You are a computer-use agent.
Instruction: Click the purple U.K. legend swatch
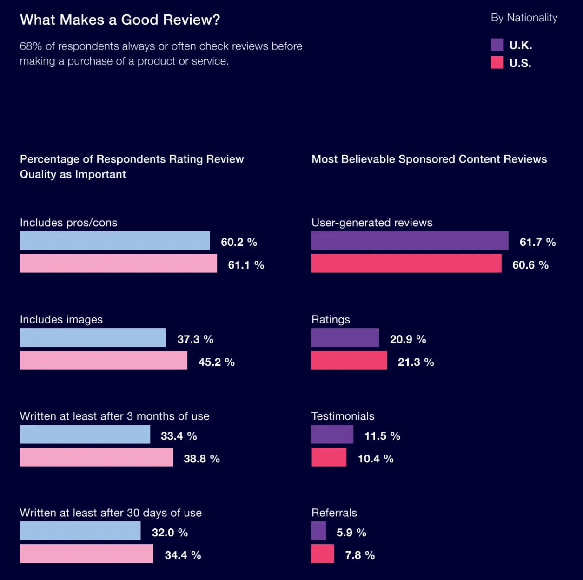pyautogui.click(x=497, y=45)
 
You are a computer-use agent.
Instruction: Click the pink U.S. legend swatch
pyautogui.click(x=497, y=62)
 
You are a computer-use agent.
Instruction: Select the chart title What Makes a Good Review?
pyautogui.click(x=120, y=20)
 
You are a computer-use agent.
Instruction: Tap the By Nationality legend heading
pyautogui.click(x=524, y=18)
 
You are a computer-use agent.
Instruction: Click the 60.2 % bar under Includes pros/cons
pyautogui.click(x=115, y=240)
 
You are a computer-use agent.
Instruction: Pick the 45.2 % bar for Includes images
pyautogui.click(x=104, y=360)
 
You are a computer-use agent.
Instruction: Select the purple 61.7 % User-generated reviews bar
pyautogui.click(x=410, y=240)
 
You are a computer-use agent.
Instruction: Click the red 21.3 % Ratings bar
pyautogui.click(x=349, y=360)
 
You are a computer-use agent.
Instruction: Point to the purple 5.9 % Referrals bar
pyautogui.click(x=318, y=531)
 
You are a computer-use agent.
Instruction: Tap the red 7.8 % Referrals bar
pyautogui.click(x=323, y=554)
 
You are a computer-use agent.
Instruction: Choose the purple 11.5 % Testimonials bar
pyautogui.click(x=332, y=434)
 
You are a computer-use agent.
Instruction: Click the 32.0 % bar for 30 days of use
pyautogui.click(x=80, y=531)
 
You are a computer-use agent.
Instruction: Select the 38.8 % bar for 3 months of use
pyautogui.click(x=96, y=457)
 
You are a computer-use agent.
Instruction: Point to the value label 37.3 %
pyautogui.click(x=195, y=339)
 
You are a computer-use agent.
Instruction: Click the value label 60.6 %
pyautogui.click(x=530, y=265)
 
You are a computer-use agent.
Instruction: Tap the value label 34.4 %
pyautogui.click(x=183, y=555)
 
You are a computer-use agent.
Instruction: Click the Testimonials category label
pyautogui.click(x=343, y=416)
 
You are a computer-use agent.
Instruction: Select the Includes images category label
pyautogui.click(x=61, y=319)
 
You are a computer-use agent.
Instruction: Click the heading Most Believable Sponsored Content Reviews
pyautogui.click(x=429, y=159)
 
